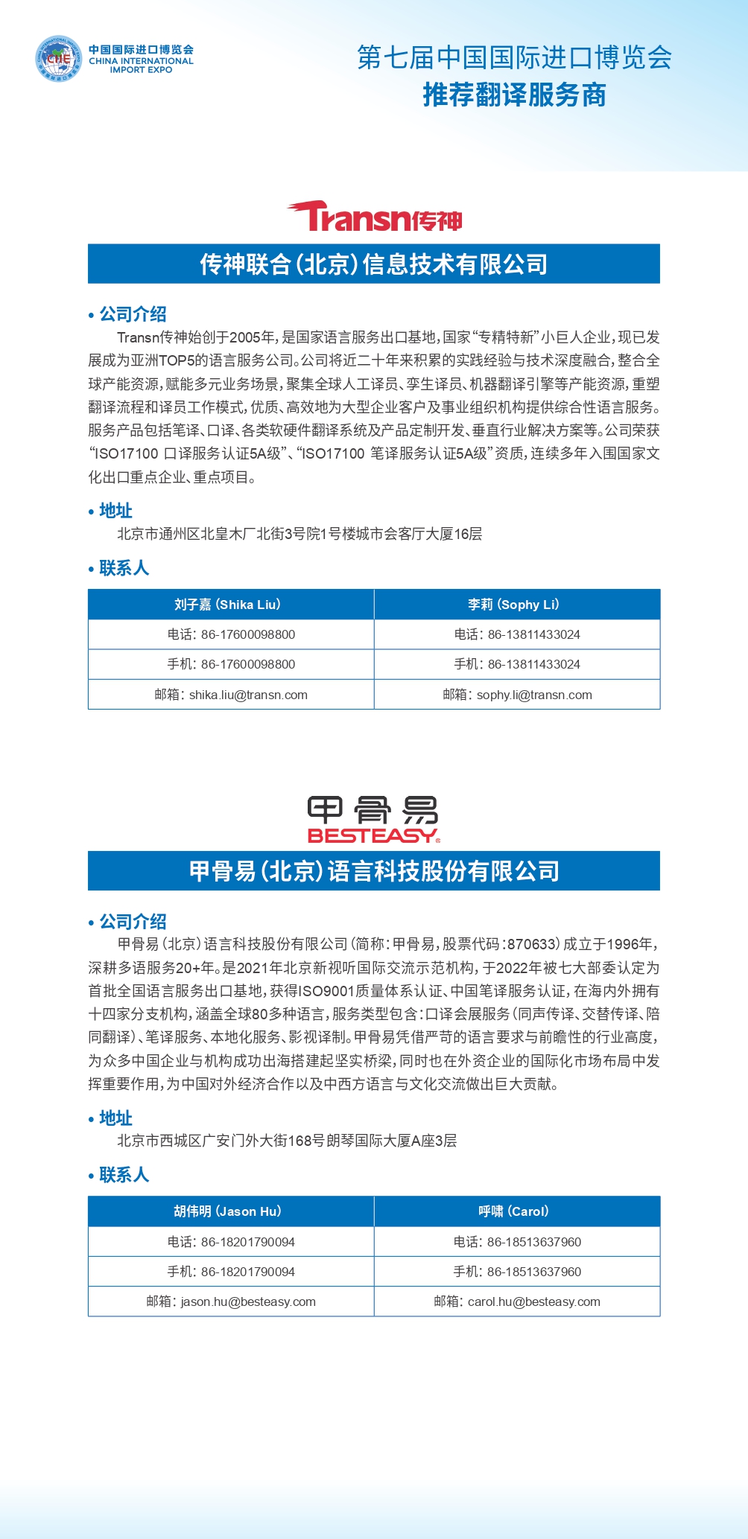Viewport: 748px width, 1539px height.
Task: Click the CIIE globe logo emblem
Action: click(58, 59)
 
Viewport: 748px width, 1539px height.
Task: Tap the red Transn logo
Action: click(374, 217)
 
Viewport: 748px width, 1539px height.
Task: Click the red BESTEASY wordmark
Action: click(373, 835)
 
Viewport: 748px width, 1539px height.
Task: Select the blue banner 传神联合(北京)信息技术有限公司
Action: click(374, 264)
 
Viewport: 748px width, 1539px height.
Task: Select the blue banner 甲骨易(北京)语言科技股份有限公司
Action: click(374, 871)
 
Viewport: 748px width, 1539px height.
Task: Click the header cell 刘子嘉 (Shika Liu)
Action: click(231, 605)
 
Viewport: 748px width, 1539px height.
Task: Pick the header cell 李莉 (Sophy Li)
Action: click(517, 605)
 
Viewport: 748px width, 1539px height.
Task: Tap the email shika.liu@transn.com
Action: click(248, 695)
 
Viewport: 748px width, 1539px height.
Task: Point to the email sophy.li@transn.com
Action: click(534, 695)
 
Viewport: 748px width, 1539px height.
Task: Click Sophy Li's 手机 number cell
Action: click(517, 664)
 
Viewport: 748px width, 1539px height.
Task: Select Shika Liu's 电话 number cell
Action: click(231, 634)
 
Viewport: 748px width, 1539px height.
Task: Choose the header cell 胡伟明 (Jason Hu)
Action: click(231, 1211)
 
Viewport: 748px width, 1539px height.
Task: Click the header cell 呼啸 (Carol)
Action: click(517, 1211)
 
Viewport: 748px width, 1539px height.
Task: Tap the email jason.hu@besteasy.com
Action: click(248, 1301)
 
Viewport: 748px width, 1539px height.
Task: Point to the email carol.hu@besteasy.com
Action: click(533, 1301)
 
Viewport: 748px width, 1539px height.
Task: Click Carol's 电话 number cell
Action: click(517, 1242)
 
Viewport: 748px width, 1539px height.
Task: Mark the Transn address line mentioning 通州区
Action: click(299, 534)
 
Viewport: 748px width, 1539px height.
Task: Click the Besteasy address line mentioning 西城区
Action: click(287, 1141)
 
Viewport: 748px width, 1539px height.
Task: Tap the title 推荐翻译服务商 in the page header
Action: click(514, 95)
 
